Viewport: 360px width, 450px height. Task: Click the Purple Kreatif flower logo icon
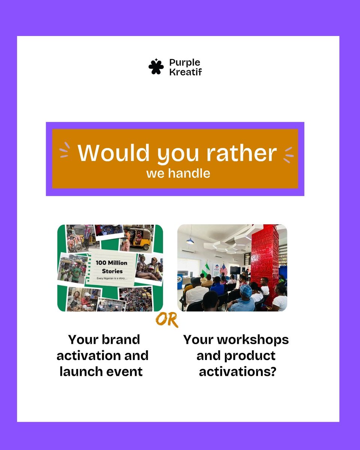(x=156, y=67)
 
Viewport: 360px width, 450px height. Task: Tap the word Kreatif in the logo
(x=185, y=72)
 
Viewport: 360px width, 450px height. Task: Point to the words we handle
(x=178, y=174)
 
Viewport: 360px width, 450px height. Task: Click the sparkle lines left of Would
(x=64, y=150)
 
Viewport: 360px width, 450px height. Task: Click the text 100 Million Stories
(x=111, y=267)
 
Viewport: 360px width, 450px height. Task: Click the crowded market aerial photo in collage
(x=135, y=298)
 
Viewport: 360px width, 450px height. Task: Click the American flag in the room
(x=224, y=269)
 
